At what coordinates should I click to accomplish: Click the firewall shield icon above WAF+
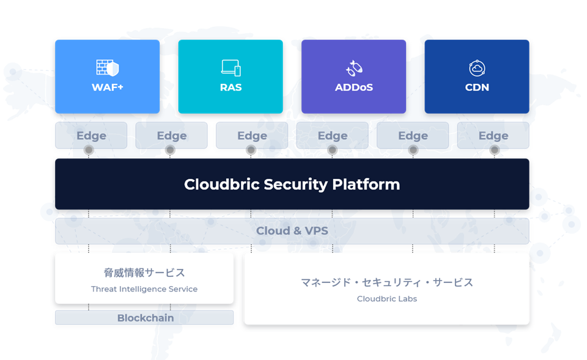(x=108, y=68)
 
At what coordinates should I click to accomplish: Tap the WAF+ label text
(x=108, y=87)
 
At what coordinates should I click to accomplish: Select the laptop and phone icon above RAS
(x=231, y=68)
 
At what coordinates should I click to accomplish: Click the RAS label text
(x=231, y=87)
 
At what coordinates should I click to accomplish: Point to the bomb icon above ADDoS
(x=354, y=68)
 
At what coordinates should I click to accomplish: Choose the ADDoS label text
(x=354, y=87)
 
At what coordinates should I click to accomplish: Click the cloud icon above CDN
(x=477, y=68)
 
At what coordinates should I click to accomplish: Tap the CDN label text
(x=477, y=87)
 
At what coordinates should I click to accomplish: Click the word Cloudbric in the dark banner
(x=221, y=184)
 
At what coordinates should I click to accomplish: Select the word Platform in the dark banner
(x=366, y=184)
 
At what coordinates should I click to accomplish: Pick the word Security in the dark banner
(x=296, y=185)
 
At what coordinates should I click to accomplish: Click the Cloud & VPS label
(x=292, y=230)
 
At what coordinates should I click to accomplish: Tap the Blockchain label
(x=146, y=318)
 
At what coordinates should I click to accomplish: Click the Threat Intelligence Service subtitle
(x=144, y=289)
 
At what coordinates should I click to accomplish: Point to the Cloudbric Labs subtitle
(x=386, y=299)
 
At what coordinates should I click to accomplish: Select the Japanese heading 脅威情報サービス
(x=144, y=273)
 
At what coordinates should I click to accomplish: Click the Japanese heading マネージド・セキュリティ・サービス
(x=386, y=282)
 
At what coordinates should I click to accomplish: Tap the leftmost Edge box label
(x=91, y=136)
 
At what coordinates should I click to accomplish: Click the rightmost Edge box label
(x=493, y=136)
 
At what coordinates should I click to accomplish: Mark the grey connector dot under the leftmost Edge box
(x=89, y=150)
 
